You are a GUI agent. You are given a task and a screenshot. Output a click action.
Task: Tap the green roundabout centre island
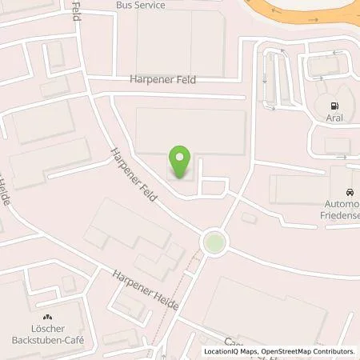(213, 242)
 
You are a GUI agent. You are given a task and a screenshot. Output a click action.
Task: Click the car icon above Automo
(350, 193)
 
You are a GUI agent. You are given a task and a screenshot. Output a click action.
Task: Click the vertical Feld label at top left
(76, 11)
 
